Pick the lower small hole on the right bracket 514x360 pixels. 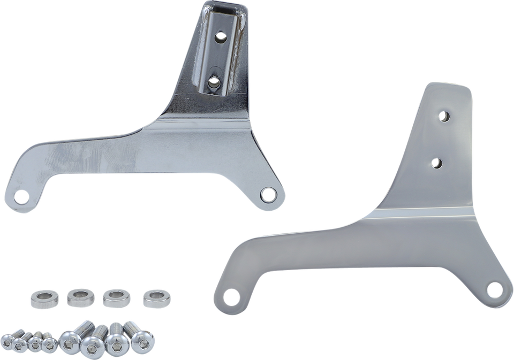coord(437,162)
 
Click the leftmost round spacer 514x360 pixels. coord(41,295)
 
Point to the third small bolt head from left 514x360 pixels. coord(35,345)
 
